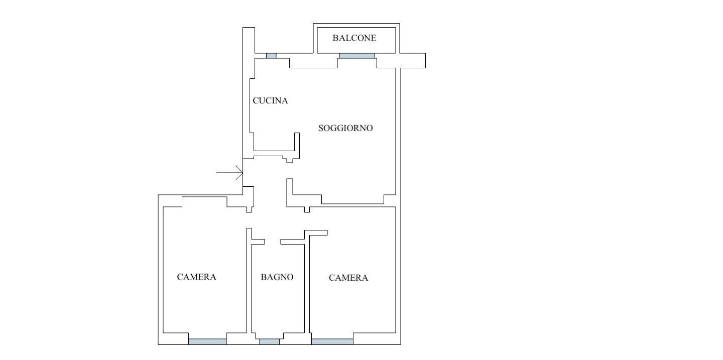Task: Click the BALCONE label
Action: coord(354,38)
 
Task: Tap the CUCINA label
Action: coord(270,101)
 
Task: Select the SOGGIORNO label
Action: coord(345,128)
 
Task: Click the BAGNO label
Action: coord(277,277)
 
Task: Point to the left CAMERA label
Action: coord(197,277)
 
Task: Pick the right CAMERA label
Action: coord(348,278)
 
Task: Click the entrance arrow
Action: coord(229,173)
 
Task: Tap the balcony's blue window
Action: coord(357,56)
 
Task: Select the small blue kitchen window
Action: coord(271,56)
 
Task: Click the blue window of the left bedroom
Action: coord(207,341)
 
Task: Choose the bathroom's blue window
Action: coord(270,341)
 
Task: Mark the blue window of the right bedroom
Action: coord(332,341)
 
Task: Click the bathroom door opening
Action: coord(273,242)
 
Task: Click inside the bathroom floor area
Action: coord(278,300)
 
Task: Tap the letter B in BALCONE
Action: coord(335,38)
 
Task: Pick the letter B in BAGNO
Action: coord(264,277)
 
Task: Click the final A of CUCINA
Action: coord(285,101)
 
